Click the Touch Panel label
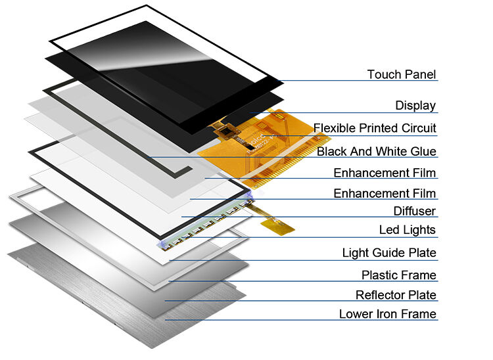pyautogui.click(x=401, y=74)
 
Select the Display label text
pyautogui.click(x=415, y=105)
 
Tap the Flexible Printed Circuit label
pyautogui.click(x=375, y=127)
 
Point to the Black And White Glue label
pyautogui.click(x=376, y=152)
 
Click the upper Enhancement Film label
pyautogui.click(x=385, y=173)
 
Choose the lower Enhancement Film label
pyautogui.click(x=385, y=193)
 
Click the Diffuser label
pyautogui.click(x=414, y=211)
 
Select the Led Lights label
pyautogui.click(x=407, y=230)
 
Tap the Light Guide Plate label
pyautogui.click(x=389, y=253)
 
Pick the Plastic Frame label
pyautogui.click(x=398, y=275)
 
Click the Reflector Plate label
pyautogui.click(x=396, y=295)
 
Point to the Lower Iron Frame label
pyautogui.click(x=387, y=314)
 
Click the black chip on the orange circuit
pyautogui.click(x=229, y=134)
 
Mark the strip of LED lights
pyautogui.click(x=204, y=225)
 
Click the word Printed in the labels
pyautogui.click(x=381, y=127)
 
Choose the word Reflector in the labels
pyautogui.click(x=381, y=295)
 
